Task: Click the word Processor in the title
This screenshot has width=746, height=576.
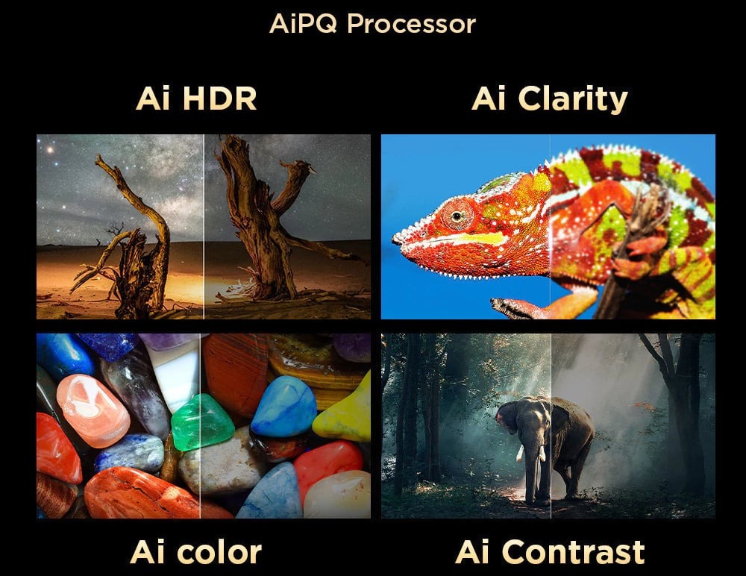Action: click(411, 24)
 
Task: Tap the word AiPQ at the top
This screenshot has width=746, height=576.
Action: click(303, 23)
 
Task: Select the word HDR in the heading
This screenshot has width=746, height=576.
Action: click(219, 98)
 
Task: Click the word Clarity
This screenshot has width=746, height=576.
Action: click(573, 99)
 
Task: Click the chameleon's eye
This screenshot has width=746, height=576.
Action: click(457, 216)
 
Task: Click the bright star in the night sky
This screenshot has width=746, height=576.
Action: click(49, 150)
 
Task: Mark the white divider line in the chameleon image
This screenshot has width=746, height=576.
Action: click(551, 227)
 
